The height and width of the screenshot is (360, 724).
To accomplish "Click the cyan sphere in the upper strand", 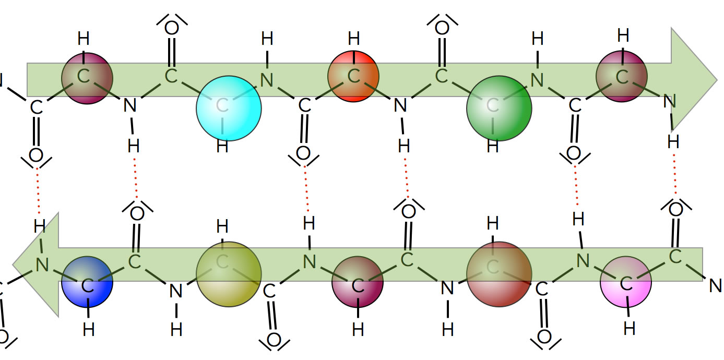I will (229, 108).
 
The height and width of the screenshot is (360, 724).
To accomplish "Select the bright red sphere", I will (353, 77).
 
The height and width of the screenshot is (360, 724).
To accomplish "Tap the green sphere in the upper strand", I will (499, 108).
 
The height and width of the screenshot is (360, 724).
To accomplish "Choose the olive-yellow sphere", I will (229, 274).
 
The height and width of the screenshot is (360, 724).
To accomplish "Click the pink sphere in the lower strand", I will (626, 282).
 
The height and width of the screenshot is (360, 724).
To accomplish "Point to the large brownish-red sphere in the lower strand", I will (499, 274).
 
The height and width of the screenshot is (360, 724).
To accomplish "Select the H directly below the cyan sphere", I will (222, 147).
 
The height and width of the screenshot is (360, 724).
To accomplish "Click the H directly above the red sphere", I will (353, 39).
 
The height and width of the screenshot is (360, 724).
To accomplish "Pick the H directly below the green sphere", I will (492, 147).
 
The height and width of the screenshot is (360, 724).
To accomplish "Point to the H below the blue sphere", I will (89, 329).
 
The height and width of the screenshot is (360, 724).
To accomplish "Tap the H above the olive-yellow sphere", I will (222, 226).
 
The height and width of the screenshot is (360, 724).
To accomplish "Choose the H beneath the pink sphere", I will (630, 329).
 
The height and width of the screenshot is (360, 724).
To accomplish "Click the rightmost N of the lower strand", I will (715, 285).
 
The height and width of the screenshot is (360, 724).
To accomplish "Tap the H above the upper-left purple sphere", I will (84, 39).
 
